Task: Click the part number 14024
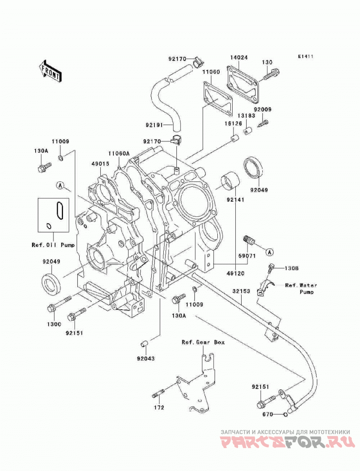(x=239, y=57)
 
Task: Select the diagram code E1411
(x=306, y=56)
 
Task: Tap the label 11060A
(x=119, y=153)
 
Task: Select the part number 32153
(x=241, y=291)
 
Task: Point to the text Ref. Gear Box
(x=203, y=342)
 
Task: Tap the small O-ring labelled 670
(x=285, y=415)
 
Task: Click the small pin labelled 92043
(x=144, y=343)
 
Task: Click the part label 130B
(x=292, y=268)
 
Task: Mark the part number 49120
(x=235, y=273)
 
